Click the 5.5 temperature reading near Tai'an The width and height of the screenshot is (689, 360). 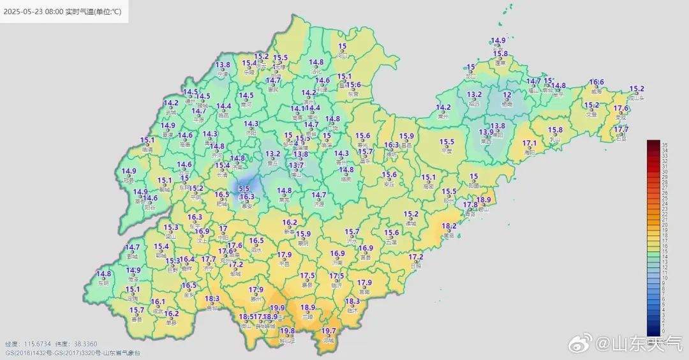click(244, 188)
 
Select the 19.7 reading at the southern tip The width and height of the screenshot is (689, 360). click(329, 331)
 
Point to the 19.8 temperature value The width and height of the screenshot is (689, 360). click(287, 331)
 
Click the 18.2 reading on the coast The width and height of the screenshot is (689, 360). click(449, 226)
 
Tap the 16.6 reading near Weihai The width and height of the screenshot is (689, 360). click(596, 82)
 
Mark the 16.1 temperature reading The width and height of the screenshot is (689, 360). click(158, 302)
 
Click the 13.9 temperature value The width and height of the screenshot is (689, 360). click(486, 132)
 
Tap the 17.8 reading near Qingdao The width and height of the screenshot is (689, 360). click(470, 205)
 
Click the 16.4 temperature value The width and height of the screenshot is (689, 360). click(186, 260)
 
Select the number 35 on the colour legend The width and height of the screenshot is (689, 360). click(664, 146)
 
